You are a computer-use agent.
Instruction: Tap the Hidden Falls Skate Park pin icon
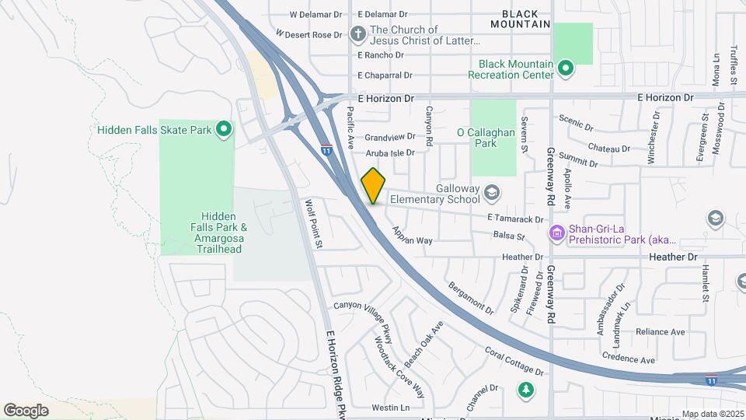pos(224,129)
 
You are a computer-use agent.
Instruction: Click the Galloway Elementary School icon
pos(491,191)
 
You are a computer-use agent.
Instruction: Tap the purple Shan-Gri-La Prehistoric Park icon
pos(556,233)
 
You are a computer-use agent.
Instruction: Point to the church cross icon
pos(357,34)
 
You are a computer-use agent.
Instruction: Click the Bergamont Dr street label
pos(471,297)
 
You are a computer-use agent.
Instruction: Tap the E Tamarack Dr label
pos(515,219)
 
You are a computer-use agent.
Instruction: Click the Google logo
pos(26,410)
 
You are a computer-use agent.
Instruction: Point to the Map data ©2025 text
pos(713,414)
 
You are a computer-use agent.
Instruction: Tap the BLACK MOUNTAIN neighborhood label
pos(525,19)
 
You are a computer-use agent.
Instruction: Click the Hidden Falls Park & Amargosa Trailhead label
pos(224,233)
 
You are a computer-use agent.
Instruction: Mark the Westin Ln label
pos(390,408)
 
